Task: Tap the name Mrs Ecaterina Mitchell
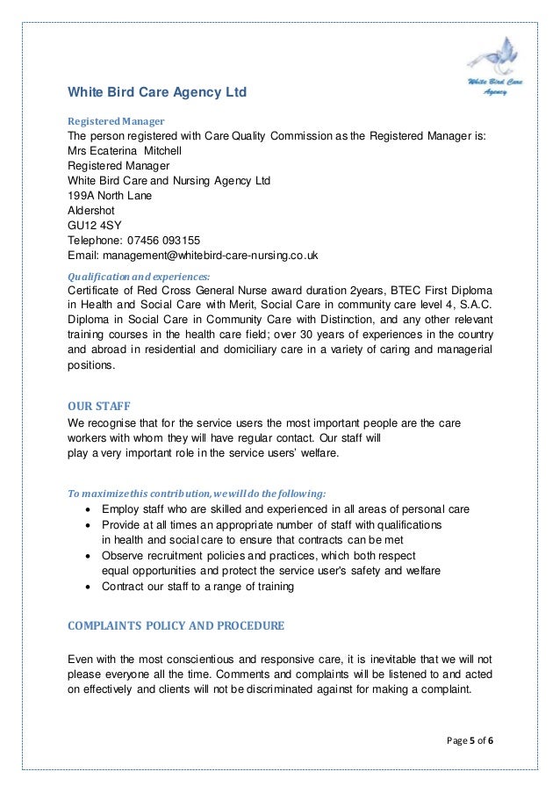126,150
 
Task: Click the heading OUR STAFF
98,406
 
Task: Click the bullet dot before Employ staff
86,509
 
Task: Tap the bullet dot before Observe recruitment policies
86,556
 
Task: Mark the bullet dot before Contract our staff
86,587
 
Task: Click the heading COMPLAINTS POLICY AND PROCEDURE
176,626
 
